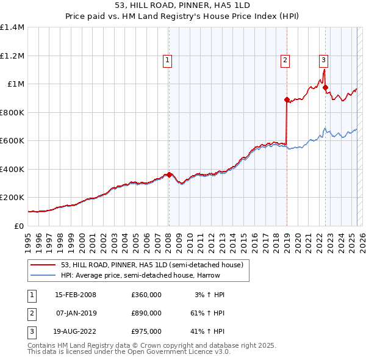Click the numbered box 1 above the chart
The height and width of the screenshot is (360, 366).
167,60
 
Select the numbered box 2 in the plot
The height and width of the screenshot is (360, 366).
285,60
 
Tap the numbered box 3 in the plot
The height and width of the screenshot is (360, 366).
323,60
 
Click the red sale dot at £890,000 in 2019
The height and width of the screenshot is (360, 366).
286,99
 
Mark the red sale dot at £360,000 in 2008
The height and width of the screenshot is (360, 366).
169,175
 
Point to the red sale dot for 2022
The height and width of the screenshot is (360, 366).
326,87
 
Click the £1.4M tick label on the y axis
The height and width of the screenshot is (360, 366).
12,27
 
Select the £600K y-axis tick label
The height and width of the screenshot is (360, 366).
12,141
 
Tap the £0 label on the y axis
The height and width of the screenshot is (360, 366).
18,226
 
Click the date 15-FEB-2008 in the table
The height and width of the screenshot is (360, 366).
75,295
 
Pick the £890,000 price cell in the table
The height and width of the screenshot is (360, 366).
146,313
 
